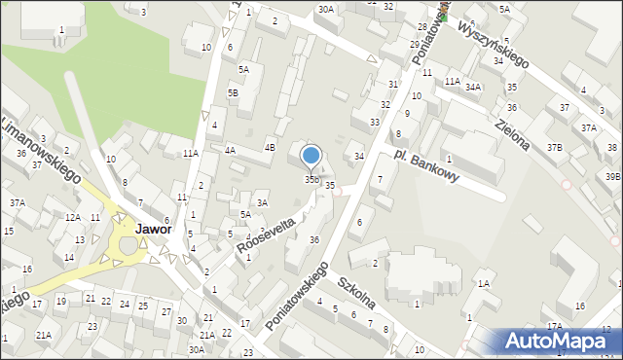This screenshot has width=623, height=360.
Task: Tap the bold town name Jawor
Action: coord(155,230)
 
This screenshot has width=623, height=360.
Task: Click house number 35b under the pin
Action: coord(311,179)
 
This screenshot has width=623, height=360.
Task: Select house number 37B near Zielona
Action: coord(554,147)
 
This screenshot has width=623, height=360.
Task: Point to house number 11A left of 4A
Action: coord(191,153)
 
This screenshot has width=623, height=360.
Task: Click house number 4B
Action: coord(271,148)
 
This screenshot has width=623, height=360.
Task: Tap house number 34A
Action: coord(473,87)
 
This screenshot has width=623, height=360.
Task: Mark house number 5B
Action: coord(233,92)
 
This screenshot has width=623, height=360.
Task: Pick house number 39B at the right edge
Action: coord(612,176)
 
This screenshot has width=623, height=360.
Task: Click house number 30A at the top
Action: coord(325,9)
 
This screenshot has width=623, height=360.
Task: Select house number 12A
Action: coord(73,217)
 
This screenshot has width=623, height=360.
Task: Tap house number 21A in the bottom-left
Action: coord(44,335)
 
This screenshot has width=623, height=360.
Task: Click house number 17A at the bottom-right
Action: coord(554,326)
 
